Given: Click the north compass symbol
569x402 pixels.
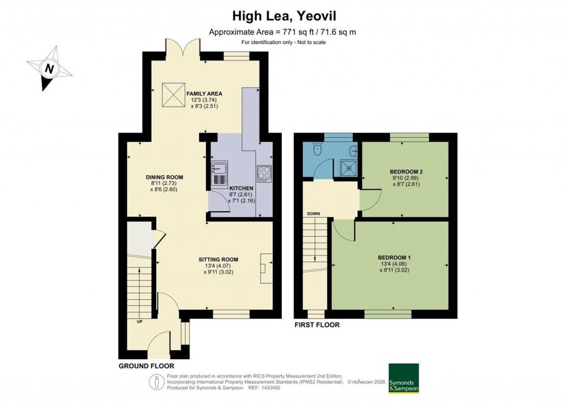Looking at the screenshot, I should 49,69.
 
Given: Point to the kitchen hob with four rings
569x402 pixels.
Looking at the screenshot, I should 263,173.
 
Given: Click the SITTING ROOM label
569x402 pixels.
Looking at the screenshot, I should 219,259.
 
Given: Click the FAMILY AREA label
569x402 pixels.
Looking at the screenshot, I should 204,94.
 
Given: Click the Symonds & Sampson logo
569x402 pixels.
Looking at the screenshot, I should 403,379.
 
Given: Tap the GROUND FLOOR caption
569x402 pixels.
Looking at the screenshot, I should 146,366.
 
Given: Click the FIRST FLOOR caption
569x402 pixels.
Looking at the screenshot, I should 317,325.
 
